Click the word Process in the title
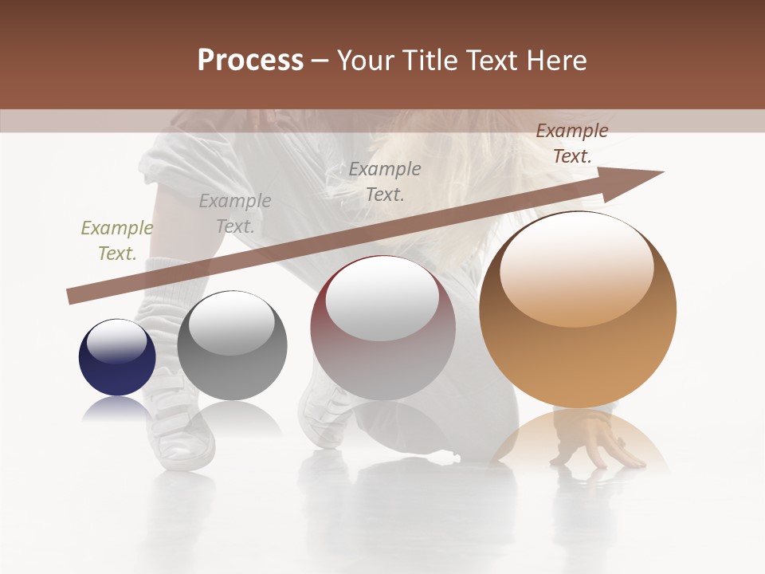click(x=250, y=61)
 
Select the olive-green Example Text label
click(x=117, y=241)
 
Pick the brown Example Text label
click(x=572, y=143)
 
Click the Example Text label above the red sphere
click(x=385, y=182)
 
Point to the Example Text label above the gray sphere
click(x=235, y=214)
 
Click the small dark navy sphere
click(x=117, y=367)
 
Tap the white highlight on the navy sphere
click(x=117, y=341)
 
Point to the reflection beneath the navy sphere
click(x=117, y=408)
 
